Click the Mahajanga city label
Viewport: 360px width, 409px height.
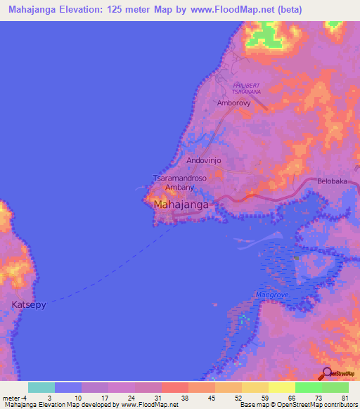tap(181, 204)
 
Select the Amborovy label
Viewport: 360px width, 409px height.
tap(234, 103)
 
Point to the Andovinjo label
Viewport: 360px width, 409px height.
tap(204, 161)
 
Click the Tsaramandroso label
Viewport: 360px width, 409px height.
tap(179, 178)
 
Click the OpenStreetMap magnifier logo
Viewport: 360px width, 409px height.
tap(326, 372)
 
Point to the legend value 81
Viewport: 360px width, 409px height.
tap(345, 398)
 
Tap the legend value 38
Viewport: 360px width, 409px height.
tap(185, 398)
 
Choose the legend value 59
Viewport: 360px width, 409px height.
tap(264, 398)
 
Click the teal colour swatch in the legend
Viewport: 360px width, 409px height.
tap(41, 387)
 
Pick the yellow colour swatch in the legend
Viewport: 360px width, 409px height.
tap(281, 387)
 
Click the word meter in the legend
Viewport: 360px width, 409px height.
tap(11, 398)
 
